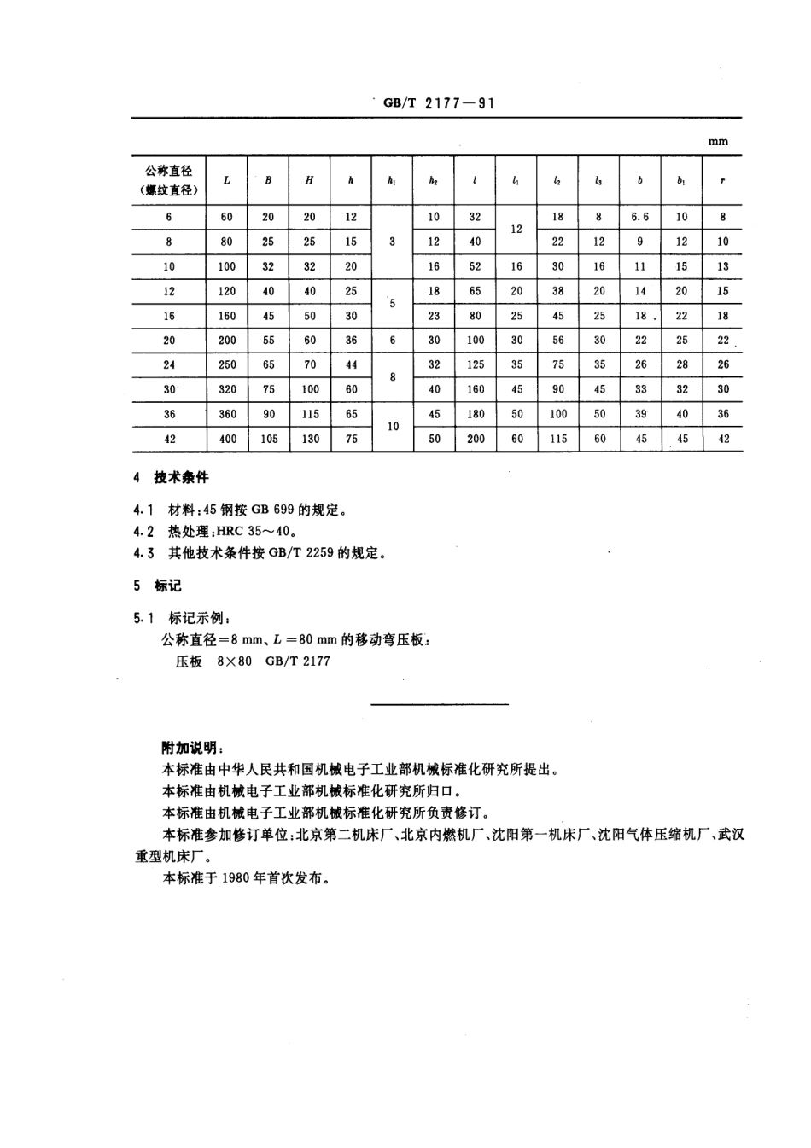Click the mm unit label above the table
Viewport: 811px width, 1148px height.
[718, 142]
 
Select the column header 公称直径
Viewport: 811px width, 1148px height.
[169, 171]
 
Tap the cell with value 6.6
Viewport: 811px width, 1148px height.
[640, 217]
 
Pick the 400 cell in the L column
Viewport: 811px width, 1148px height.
[227, 439]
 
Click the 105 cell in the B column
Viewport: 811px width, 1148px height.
[269, 439]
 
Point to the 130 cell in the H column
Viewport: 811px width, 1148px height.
[310, 439]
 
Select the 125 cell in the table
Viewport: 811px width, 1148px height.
[476, 364]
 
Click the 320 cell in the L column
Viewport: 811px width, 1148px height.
[227, 389]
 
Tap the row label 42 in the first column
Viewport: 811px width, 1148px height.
[170, 439]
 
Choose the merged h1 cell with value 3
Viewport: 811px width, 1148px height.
[392, 242]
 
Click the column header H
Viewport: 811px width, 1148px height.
[309, 180]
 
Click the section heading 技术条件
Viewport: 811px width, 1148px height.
[181, 477]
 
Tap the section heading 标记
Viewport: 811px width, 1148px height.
[168, 586]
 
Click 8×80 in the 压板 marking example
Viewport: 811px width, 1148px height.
[235, 661]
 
